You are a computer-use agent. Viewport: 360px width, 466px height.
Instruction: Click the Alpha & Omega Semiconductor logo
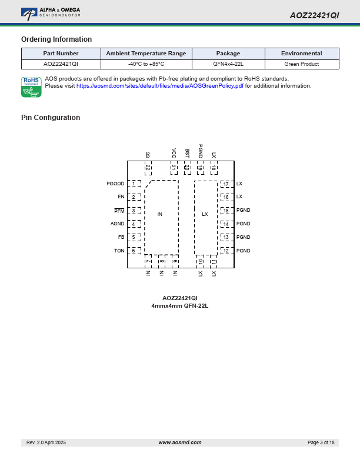point(51,12)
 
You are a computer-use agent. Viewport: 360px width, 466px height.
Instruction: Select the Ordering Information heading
point(56,39)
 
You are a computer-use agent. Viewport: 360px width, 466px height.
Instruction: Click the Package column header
point(228,54)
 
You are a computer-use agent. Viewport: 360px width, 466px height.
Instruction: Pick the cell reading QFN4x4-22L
point(228,64)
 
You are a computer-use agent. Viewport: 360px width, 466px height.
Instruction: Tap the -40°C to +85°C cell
point(146,64)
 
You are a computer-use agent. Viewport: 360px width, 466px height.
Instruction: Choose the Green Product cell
point(301,64)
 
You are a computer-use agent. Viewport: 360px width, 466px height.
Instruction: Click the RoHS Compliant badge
point(31,87)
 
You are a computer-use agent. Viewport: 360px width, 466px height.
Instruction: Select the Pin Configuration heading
point(51,118)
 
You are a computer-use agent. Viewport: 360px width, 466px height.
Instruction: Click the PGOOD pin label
point(115,184)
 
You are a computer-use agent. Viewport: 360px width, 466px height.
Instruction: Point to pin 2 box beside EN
point(134,197)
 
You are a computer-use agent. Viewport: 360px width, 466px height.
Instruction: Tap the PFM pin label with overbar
point(119,211)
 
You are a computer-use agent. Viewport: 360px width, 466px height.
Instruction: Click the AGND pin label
point(118,224)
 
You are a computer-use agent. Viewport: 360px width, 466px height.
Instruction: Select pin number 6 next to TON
point(134,251)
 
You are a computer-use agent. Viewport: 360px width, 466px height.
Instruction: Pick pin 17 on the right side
point(226,184)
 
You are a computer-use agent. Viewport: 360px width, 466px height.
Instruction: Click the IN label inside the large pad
point(160,214)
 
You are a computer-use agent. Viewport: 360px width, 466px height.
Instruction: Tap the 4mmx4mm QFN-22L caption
point(180,306)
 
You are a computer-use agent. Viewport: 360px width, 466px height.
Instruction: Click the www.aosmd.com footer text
point(180,442)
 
